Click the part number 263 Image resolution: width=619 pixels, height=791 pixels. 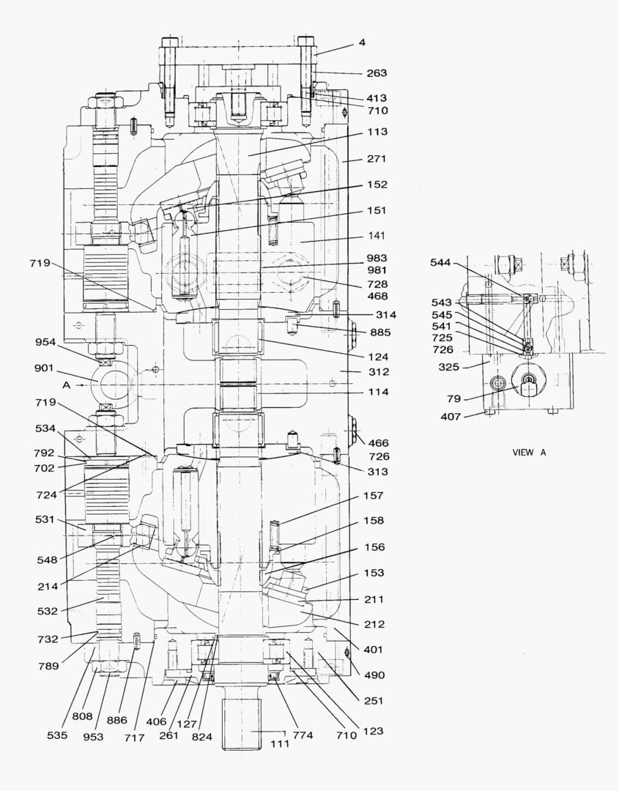(377, 73)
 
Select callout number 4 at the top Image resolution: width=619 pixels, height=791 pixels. (361, 42)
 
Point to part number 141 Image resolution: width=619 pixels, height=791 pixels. (377, 236)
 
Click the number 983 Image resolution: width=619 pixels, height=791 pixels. (377, 259)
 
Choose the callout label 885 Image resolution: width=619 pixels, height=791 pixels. (380, 333)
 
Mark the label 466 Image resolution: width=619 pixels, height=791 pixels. (379, 443)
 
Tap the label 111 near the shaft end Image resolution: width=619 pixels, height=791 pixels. (281, 743)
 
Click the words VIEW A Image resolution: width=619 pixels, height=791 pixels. (529, 453)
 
